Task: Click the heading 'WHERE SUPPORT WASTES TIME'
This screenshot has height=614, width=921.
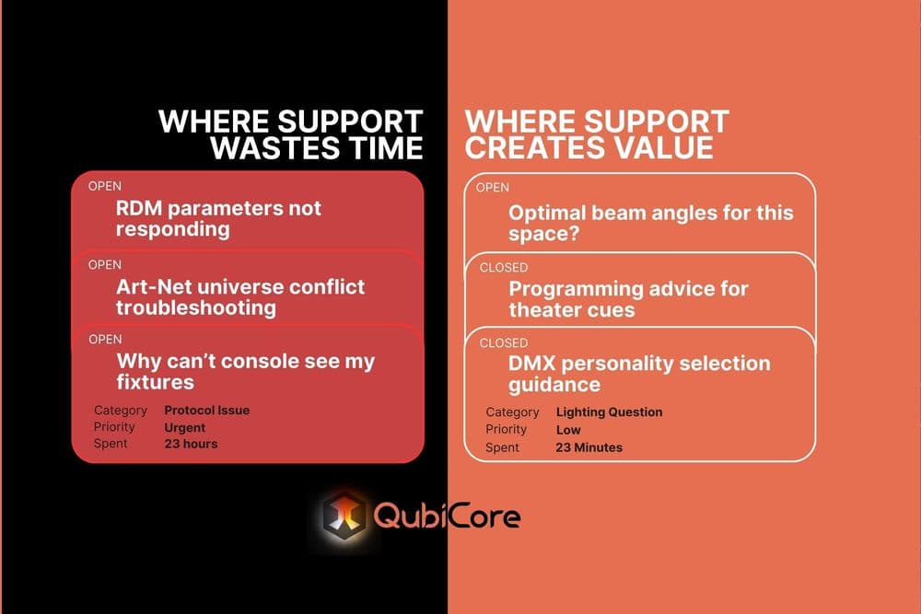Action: tap(291, 134)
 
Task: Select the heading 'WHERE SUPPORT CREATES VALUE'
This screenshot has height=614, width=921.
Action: tap(597, 134)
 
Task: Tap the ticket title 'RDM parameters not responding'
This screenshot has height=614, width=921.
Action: tap(218, 218)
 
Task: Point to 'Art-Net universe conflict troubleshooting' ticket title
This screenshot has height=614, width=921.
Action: tap(240, 296)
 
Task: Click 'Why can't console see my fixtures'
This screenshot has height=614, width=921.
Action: tap(245, 370)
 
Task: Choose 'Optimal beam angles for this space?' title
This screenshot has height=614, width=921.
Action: tap(650, 223)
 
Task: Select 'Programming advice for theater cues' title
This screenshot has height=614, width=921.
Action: tap(628, 298)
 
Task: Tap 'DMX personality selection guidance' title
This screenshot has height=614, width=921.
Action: tap(639, 374)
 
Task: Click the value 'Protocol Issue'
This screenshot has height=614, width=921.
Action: tap(206, 411)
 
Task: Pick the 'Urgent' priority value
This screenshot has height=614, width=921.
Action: tap(184, 427)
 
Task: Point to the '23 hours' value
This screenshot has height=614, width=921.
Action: tap(191, 444)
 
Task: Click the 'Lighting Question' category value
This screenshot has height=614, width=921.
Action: tap(609, 412)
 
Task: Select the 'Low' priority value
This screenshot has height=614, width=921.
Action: tap(568, 430)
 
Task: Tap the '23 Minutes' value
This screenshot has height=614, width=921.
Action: tap(589, 447)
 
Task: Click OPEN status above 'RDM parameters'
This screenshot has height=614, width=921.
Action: tap(105, 186)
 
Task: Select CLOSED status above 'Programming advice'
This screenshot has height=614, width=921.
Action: tap(504, 267)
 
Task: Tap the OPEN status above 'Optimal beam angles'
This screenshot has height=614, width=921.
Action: tap(493, 188)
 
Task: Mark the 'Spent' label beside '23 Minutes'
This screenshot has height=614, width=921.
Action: tap(502, 447)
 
